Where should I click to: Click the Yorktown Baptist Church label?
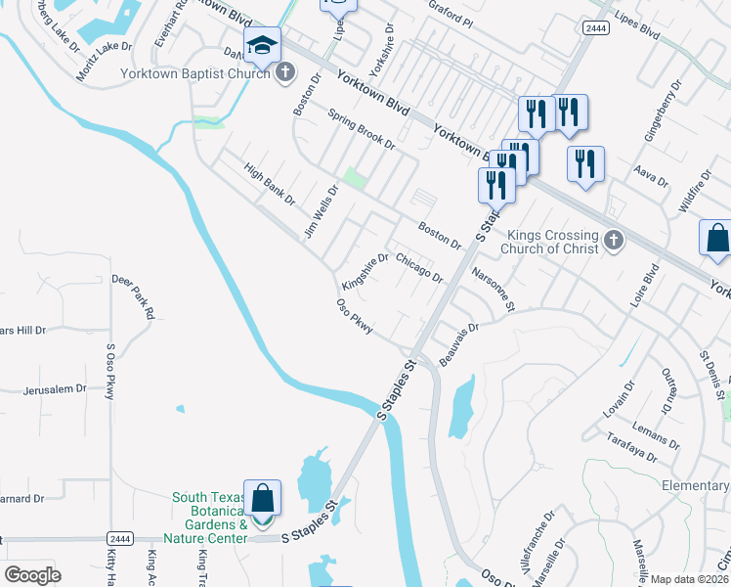point(195,73)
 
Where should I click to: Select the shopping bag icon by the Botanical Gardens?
point(263,500)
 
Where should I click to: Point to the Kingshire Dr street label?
point(365,272)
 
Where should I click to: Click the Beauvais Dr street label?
point(459,344)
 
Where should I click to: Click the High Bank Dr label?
point(270,184)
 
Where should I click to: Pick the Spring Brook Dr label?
point(361,128)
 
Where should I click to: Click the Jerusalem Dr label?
point(54,388)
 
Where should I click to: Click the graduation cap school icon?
point(262,46)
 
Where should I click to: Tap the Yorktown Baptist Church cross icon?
point(285,72)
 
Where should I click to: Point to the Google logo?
point(32,574)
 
